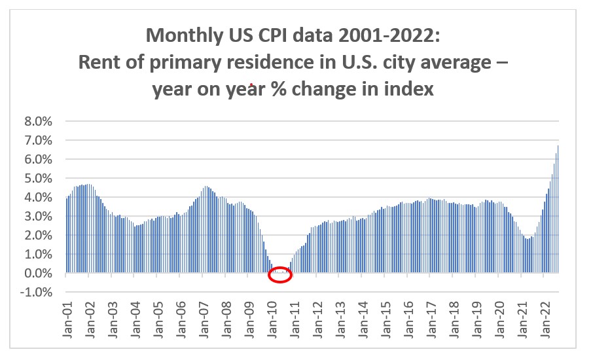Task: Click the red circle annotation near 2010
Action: pos(279,275)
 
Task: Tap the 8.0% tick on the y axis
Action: pos(43,122)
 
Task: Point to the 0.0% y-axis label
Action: pos(43,274)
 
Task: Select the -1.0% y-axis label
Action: pos(41,293)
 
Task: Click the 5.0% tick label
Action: pos(43,179)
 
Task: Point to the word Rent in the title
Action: pos(97,62)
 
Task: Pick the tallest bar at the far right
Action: pos(557,208)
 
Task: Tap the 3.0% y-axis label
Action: pos(43,217)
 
